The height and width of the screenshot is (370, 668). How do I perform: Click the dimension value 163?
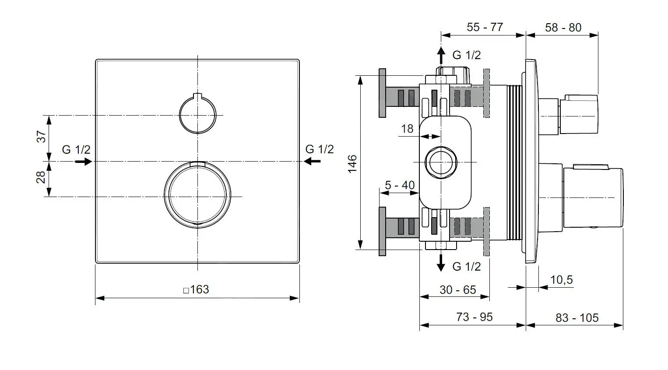click(x=200, y=289)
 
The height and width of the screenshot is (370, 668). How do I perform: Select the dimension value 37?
click(x=41, y=137)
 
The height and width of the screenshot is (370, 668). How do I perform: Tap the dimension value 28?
click(x=41, y=177)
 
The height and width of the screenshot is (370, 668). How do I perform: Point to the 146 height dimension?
click(x=352, y=163)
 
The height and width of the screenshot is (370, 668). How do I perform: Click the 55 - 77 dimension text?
click(x=485, y=27)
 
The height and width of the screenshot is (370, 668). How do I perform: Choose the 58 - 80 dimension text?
click(x=563, y=28)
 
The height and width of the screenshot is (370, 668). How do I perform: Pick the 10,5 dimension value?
click(x=561, y=280)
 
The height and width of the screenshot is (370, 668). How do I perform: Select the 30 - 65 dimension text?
click(x=457, y=290)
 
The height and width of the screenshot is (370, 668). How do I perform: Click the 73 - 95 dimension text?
click(x=474, y=317)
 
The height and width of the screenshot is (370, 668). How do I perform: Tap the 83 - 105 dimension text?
click(x=577, y=318)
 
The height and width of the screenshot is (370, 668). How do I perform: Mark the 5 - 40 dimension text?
click(x=399, y=185)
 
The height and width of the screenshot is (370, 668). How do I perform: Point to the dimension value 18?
click(x=407, y=128)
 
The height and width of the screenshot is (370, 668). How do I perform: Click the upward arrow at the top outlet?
click(x=441, y=55)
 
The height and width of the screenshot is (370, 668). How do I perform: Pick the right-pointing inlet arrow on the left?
click(x=83, y=162)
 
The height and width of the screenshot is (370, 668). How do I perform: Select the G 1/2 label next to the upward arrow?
click(x=466, y=55)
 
